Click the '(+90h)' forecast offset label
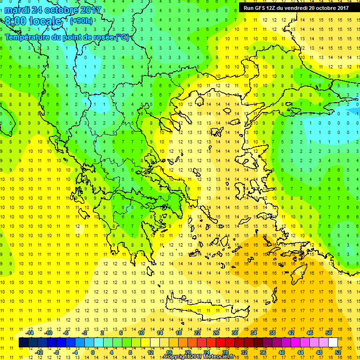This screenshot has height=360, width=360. (x=82, y=21)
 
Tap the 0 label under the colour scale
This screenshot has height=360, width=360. (x=93, y=352)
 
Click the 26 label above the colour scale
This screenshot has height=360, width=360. (x=216, y=333)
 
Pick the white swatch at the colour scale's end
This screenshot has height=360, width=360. (x=333, y=343)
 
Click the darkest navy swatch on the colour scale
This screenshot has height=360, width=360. (x=23, y=343)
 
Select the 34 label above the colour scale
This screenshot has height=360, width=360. (x=254, y=333)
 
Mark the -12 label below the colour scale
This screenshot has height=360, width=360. (x=39, y=352)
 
